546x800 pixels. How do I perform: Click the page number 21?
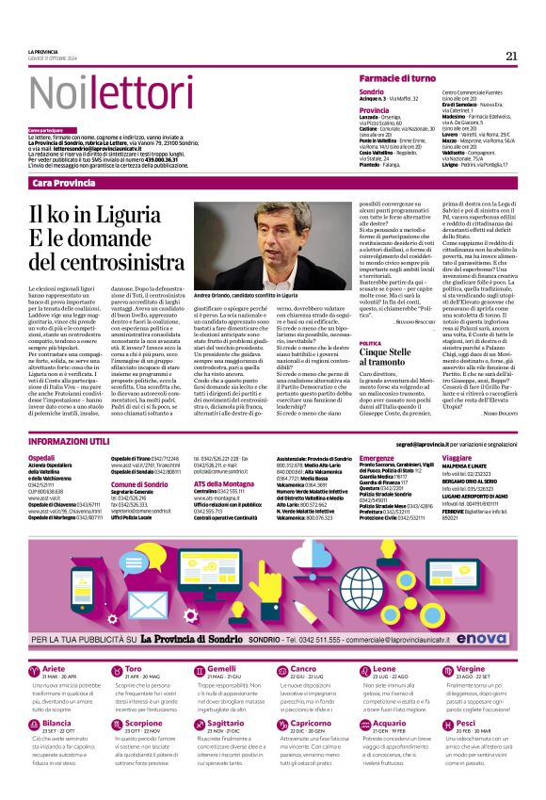click(511, 56)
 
